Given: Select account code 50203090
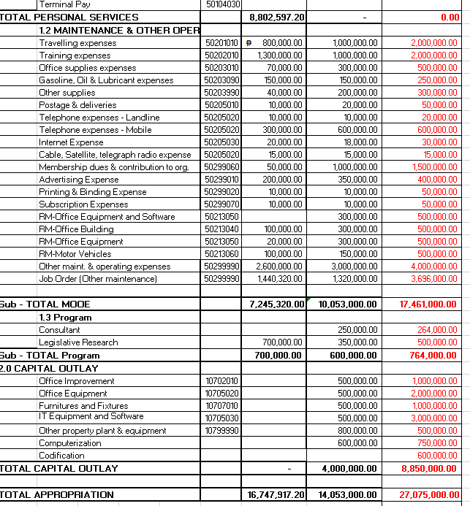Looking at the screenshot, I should (x=222, y=80).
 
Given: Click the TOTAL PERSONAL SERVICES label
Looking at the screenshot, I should (x=69, y=17).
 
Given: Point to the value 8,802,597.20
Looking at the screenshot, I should (x=277, y=17).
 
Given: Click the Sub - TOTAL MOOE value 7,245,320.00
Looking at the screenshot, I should (x=275, y=304).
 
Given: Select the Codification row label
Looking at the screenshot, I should (x=61, y=455).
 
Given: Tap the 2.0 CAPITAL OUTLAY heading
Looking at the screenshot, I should (x=49, y=368).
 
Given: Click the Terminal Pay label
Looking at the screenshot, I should (x=64, y=4).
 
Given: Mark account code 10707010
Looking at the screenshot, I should (x=222, y=405).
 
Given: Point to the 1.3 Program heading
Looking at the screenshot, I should (x=66, y=318).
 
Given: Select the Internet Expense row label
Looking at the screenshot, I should (x=71, y=142).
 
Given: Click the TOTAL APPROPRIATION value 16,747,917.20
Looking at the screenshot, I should (x=275, y=494).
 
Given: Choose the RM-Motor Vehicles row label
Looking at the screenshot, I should (x=75, y=254).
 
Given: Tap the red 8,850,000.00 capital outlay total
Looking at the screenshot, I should (x=428, y=468).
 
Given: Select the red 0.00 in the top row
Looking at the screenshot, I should (x=450, y=17).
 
